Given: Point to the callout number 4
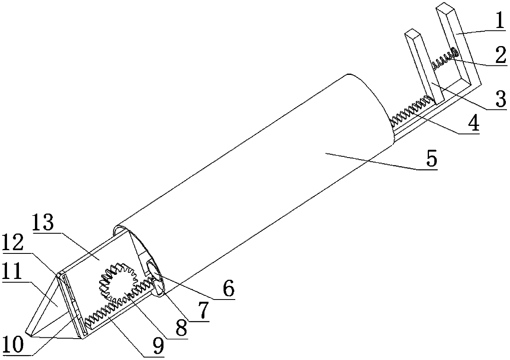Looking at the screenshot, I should coord(474,123).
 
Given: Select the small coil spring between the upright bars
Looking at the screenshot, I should coord(444,59).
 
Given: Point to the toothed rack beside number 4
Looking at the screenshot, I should coord(411,109).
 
